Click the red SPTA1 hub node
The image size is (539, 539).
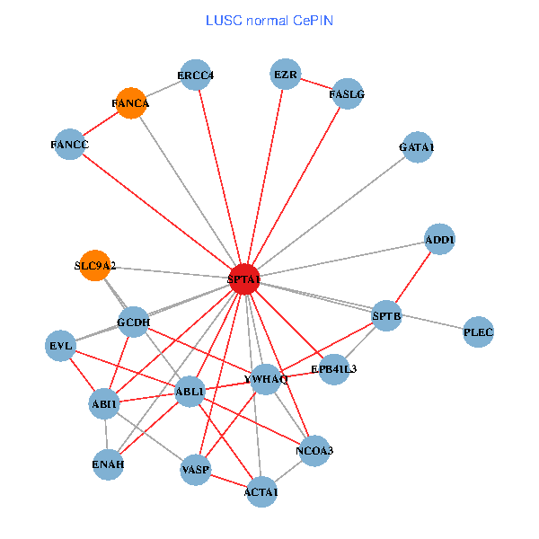point(244,279)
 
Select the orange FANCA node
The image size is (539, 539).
point(131,103)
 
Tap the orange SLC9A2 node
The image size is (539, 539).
point(95,265)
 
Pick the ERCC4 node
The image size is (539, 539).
point(195,75)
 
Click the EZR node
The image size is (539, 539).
point(286,74)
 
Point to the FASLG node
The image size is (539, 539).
point(348,93)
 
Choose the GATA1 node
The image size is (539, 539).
point(417,147)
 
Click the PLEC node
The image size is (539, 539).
point(478,333)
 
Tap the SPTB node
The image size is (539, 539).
point(386,315)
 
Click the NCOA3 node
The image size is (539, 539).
point(314,450)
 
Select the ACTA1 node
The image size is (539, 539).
point(261,491)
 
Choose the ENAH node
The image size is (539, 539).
point(108,464)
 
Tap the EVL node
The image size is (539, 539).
point(61,346)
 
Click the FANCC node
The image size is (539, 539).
point(69,145)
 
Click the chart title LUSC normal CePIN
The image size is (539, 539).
point(269,20)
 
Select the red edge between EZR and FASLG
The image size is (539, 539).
point(316,84)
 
